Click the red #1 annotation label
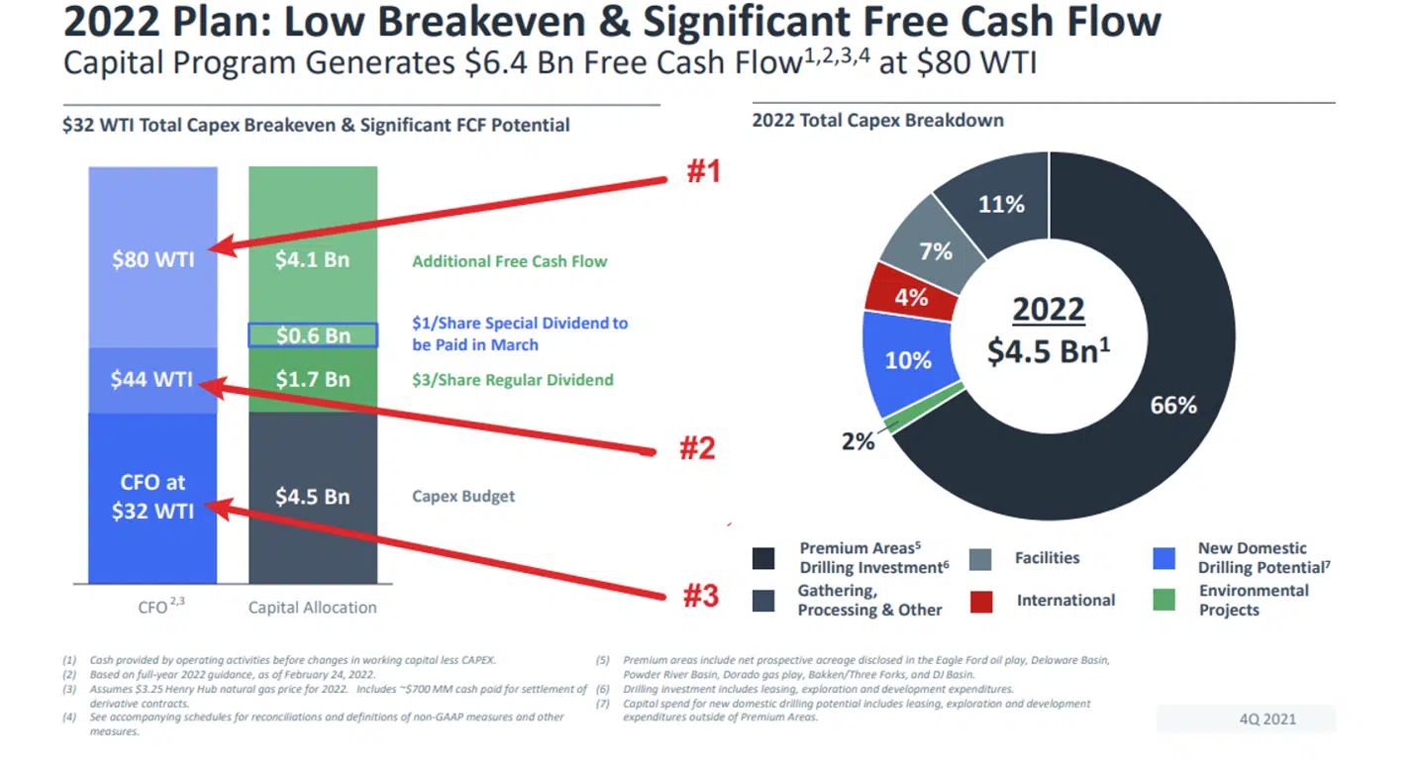[703, 172]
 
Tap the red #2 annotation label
[696, 448]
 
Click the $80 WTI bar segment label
[152, 260]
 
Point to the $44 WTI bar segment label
[152, 379]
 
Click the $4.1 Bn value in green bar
[313, 260]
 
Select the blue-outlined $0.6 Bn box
[313, 335]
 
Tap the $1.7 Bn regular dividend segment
[313, 379]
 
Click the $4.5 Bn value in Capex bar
[313, 496]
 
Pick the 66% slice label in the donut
[1173, 405]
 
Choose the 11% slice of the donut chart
[1001, 205]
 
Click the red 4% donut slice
[910, 296]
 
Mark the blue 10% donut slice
[908, 359]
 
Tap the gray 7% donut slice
[936, 250]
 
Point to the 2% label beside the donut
[857, 441]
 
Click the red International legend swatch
[981, 601]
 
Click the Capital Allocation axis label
[312, 608]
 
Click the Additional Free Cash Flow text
[509, 261]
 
